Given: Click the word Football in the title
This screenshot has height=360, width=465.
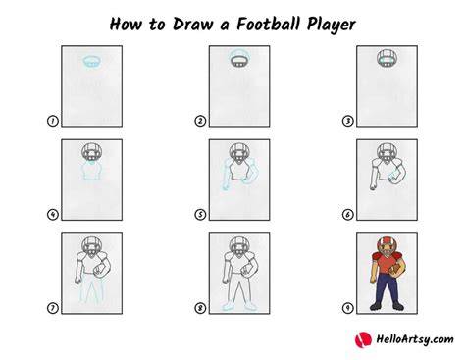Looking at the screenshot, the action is [269, 24].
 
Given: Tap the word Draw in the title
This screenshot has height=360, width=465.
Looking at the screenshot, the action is [192, 24].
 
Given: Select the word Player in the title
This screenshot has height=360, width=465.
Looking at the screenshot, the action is [332, 25].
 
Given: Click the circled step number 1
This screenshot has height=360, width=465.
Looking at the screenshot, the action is [53, 121].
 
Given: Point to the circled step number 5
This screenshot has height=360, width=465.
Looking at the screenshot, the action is [200, 215].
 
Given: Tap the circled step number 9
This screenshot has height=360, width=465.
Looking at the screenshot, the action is [348, 308].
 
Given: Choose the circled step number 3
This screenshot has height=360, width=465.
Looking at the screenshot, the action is [348, 121].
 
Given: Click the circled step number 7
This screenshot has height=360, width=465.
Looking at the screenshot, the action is [53, 308].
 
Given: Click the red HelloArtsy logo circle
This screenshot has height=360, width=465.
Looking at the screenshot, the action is [363, 340].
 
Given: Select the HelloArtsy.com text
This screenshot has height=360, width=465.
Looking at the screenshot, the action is [415, 339].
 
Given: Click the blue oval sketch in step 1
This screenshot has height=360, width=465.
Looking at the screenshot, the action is [92, 61].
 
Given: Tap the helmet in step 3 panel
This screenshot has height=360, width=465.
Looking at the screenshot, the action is [387, 59].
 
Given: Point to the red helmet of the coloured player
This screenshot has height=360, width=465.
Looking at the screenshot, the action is [387, 246].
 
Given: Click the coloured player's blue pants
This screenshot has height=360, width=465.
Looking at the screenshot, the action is [387, 289].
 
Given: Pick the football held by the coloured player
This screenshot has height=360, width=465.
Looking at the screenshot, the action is [394, 270].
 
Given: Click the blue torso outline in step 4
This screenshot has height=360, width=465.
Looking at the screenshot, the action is [92, 171].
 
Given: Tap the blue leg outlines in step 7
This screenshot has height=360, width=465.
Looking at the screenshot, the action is [92, 287].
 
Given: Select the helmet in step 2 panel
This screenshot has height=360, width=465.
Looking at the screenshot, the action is [239, 59].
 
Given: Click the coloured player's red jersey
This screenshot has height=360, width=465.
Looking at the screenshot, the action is [386, 263].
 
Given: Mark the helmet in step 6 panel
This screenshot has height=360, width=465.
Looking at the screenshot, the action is [387, 152].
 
